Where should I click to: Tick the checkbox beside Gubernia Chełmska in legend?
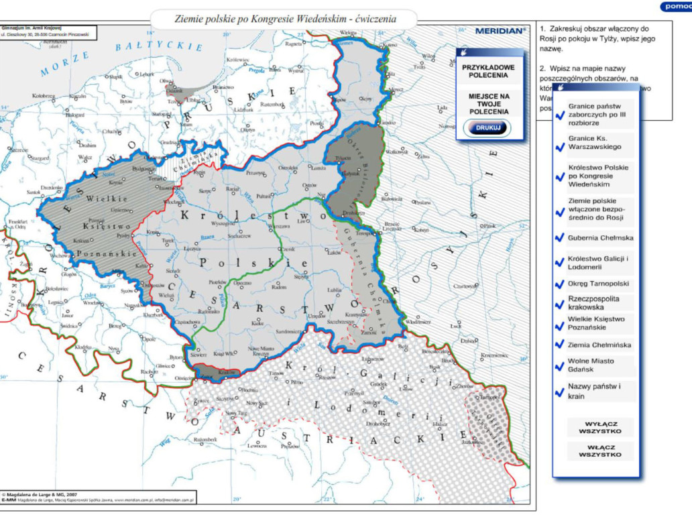click(559, 238)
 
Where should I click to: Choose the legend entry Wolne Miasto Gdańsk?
click(595, 365)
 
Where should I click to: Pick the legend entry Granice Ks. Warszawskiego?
click(595, 142)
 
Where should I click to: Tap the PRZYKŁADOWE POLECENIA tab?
click(488, 71)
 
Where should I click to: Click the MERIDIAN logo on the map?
click(500, 31)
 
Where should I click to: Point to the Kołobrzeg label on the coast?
click(43, 96)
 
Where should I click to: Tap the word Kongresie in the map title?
click(268, 19)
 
